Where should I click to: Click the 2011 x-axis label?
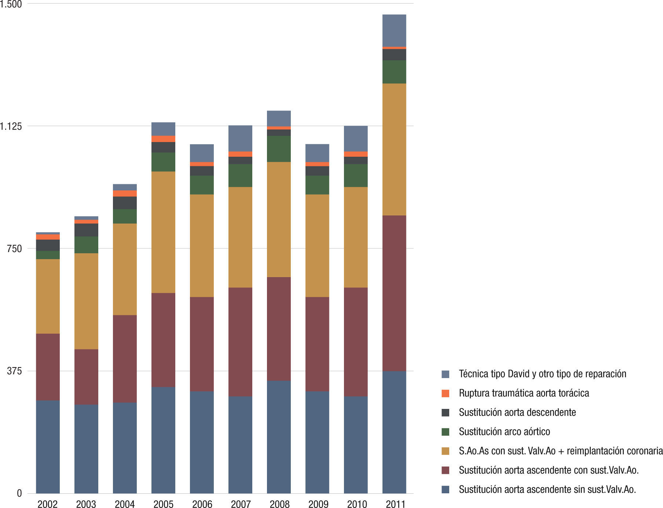[x=395, y=504]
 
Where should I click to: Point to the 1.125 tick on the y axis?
[x=11, y=126]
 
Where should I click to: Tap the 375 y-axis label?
[x=14, y=371]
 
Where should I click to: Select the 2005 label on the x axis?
[x=163, y=504]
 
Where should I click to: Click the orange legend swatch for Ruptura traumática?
[x=446, y=393]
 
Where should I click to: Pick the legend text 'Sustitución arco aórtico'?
[x=504, y=432]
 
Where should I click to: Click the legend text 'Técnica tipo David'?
[x=542, y=374]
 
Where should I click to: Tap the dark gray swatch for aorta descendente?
[x=446, y=413]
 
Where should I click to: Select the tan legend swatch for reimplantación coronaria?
[x=446, y=451]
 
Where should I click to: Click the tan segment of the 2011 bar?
[x=394, y=149]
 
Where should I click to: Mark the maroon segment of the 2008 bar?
[x=279, y=329]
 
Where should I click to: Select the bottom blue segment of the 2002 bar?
[x=48, y=447]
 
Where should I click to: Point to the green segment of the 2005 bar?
[x=163, y=162]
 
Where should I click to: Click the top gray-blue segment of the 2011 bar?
[x=394, y=30]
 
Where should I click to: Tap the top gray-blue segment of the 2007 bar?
[x=240, y=138]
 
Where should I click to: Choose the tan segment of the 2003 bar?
[x=86, y=301]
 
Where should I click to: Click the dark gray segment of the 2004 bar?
[x=125, y=203]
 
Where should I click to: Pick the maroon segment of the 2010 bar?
[x=356, y=342]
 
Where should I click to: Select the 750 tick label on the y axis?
[x=14, y=248]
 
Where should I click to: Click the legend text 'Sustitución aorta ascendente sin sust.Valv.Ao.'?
[x=547, y=489]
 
